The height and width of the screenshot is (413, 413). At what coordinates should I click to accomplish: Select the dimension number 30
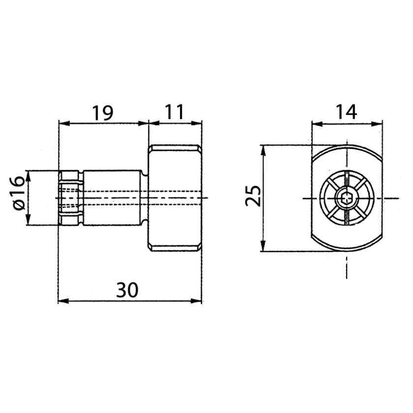[x=127, y=291]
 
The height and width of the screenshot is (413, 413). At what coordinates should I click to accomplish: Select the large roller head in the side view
[x=175, y=198]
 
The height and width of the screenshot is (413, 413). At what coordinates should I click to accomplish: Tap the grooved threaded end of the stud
[x=70, y=198]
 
